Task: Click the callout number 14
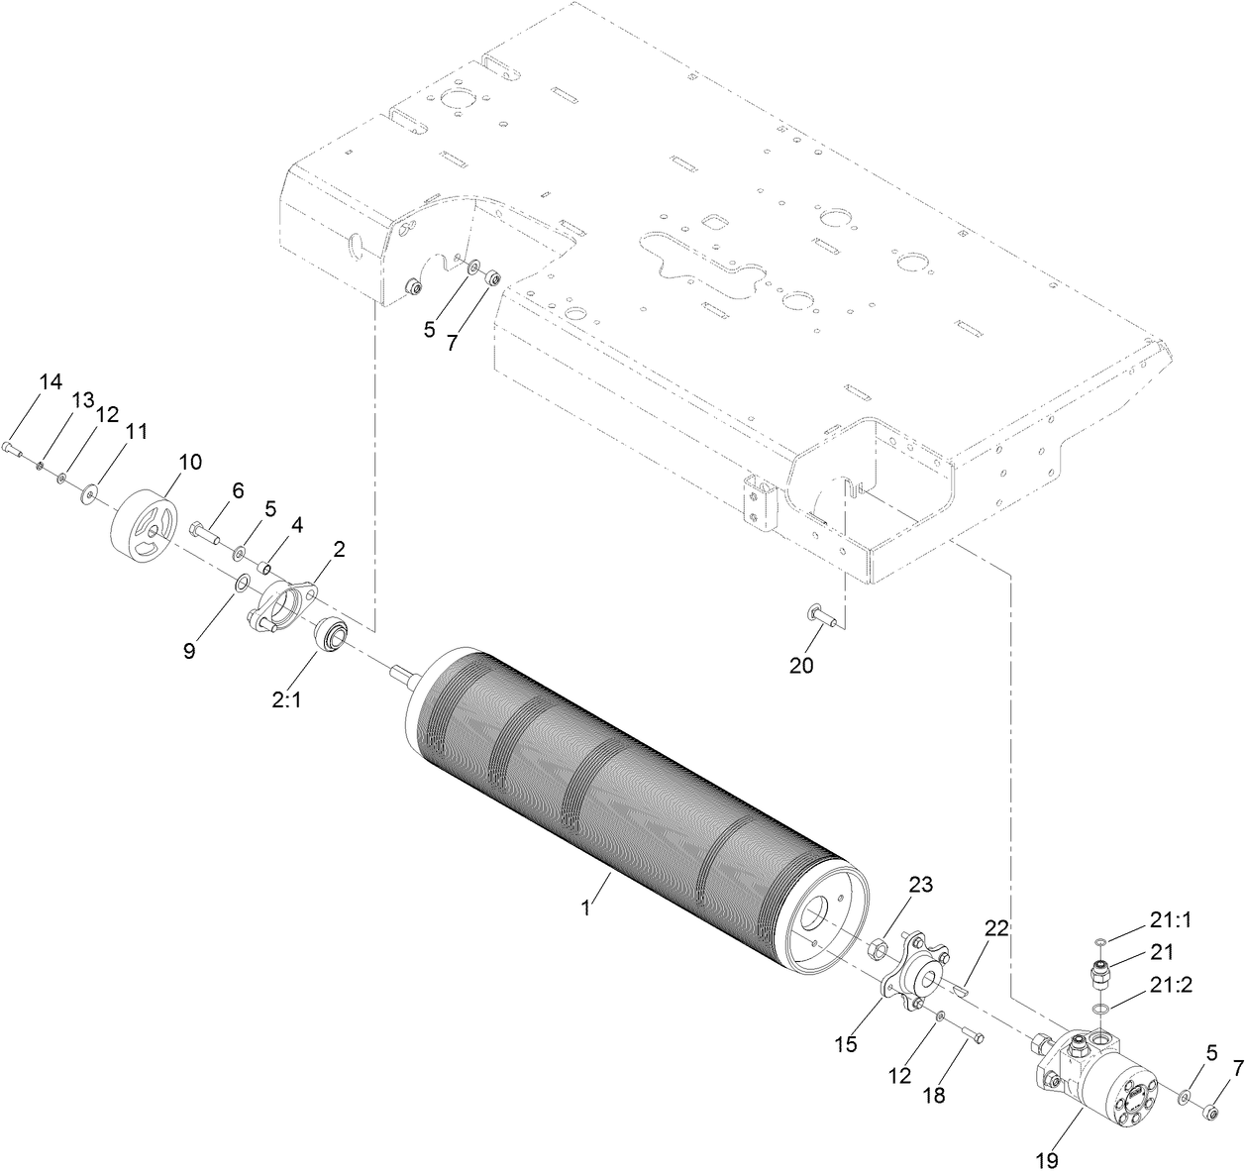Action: pos(51,381)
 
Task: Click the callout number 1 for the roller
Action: pos(585,908)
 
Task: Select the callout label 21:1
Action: pos(1170,919)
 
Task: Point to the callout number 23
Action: pos(921,884)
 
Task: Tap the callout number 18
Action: pos(934,1095)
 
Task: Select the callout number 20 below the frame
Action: pos(801,666)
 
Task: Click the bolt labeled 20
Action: pos(823,617)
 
